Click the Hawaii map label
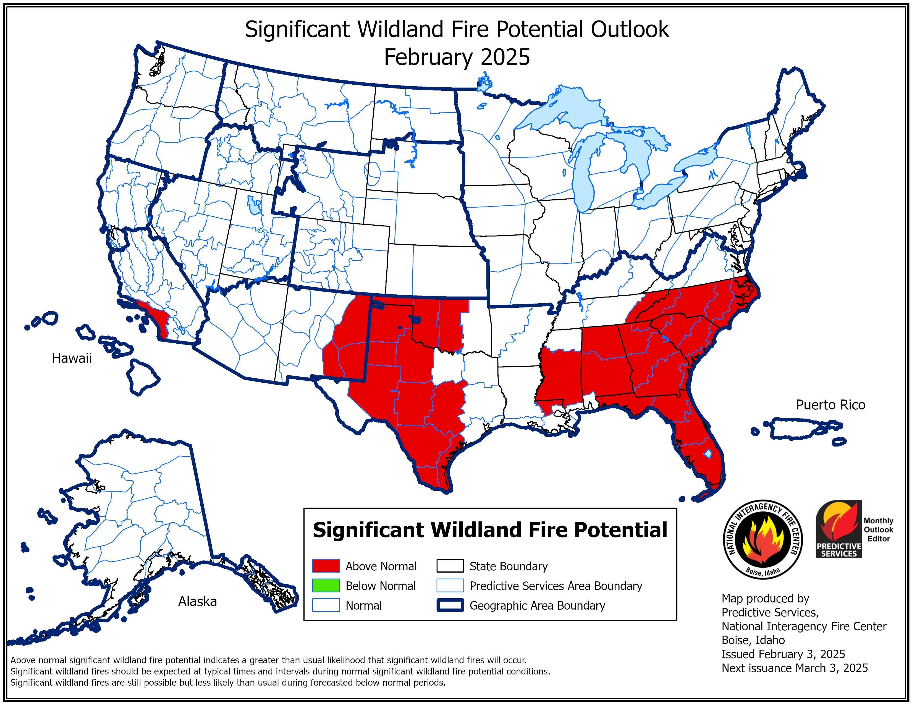click(x=71, y=358)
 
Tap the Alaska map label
click(x=198, y=601)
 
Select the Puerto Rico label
click(x=830, y=405)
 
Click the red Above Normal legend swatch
click(x=326, y=566)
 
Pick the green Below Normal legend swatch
click(x=326, y=586)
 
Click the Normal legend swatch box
click(x=326, y=605)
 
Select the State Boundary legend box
click(x=450, y=566)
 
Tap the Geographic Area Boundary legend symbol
click(x=450, y=605)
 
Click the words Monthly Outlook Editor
click(x=878, y=530)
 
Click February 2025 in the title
click(x=457, y=57)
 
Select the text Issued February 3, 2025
click(x=783, y=654)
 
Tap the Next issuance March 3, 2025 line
click(x=794, y=668)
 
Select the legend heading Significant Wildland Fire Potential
click(x=490, y=530)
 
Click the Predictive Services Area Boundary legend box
click(x=450, y=586)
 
